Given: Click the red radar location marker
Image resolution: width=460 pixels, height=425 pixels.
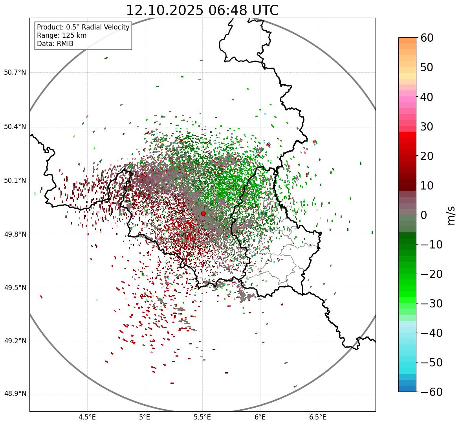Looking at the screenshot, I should point(203,213).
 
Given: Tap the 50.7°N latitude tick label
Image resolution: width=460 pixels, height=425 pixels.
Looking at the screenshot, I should point(15,73).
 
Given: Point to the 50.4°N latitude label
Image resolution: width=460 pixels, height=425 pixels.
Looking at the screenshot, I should point(15,127).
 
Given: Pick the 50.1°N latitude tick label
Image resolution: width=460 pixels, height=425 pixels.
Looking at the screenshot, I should point(15,181).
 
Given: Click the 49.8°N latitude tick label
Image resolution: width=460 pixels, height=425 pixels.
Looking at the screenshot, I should point(15,235).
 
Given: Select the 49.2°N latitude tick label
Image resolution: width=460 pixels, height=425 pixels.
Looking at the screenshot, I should point(15,341).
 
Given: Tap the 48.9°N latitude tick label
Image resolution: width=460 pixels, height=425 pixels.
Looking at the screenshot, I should point(15,394).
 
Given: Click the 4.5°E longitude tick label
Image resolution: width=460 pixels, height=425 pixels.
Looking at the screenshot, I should point(87,417).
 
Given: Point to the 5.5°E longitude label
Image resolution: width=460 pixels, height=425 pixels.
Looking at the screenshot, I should point(202,417).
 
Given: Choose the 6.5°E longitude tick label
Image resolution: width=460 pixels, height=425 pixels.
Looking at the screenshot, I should point(317,417).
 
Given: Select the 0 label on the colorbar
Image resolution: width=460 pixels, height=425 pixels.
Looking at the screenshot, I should point(424,215).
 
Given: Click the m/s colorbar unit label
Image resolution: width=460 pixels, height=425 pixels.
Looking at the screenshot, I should point(451,215).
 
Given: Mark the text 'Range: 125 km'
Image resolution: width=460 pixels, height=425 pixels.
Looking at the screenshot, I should point(62,35).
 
